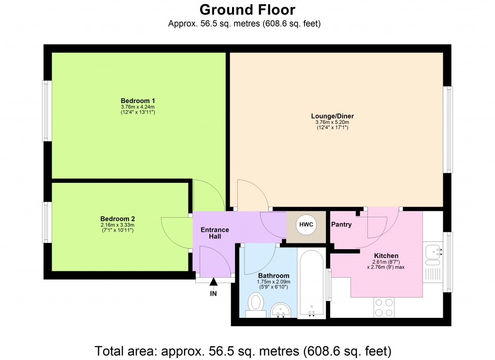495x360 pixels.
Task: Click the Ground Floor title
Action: tap(247, 10)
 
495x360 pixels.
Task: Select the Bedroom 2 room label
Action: tap(117, 218)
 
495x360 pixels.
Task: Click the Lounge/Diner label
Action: tap(333, 116)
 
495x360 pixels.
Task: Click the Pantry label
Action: tap(341, 225)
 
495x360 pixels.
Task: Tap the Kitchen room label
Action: tap(386, 255)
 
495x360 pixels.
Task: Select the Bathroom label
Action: tap(273, 276)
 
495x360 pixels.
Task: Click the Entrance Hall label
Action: tap(215, 233)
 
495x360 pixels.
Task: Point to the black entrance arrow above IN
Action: tap(213, 283)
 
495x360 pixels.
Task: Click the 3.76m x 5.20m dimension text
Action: tap(332, 122)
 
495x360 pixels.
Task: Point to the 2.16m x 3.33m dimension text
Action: tap(117, 225)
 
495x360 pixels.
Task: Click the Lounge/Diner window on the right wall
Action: tap(449, 129)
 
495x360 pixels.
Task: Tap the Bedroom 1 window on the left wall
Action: tap(47, 110)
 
